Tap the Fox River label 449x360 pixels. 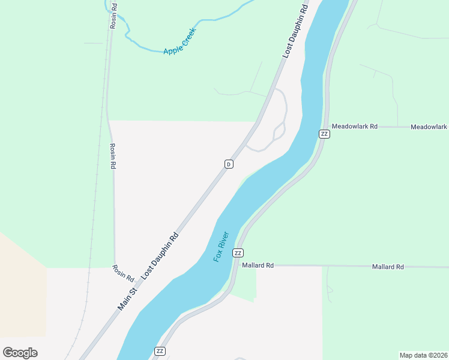[x=222, y=246]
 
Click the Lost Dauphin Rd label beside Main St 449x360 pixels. [x=160, y=254]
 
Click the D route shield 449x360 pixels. [x=229, y=164]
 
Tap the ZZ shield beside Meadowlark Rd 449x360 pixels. [x=324, y=134]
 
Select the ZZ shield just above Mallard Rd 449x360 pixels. [x=238, y=253]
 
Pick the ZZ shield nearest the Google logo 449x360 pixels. [x=160, y=351]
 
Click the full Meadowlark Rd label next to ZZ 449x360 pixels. [x=355, y=127]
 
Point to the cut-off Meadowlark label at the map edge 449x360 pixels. [x=429, y=127]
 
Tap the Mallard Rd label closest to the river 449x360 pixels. [x=258, y=265]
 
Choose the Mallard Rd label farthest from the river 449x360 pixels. [x=388, y=266]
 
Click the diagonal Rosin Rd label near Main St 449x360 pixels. [x=122, y=273]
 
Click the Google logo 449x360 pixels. [x=20, y=352]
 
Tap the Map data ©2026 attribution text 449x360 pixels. [x=423, y=355]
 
